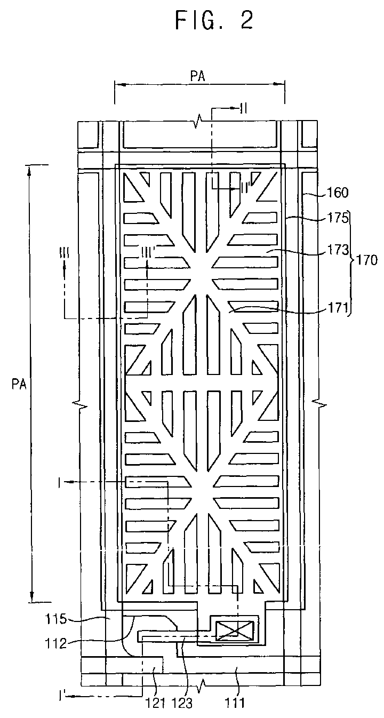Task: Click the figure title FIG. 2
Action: point(214,20)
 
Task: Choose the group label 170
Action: point(369,261)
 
